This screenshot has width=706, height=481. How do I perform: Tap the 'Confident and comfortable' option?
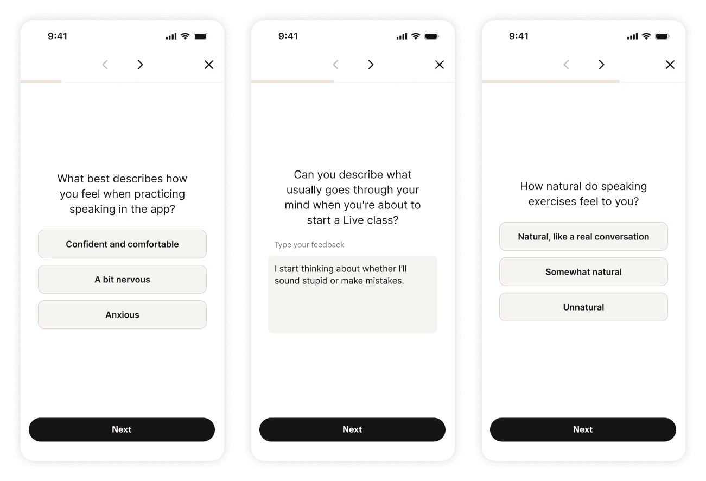pyautogui.click(x=122, y=244)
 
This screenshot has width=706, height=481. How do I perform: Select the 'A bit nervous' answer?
pyautogui.click(x=122, y=280)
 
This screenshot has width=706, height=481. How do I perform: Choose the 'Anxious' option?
pyautogui.click(x=122, y=315)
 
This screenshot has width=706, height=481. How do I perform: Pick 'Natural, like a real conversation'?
pyautogui.click(x=583, y=237)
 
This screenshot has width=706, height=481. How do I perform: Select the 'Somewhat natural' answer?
pyautogui.click(x=583, y=272)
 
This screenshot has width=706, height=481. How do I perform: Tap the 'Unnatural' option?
pyautogui.click(x=583, y=307)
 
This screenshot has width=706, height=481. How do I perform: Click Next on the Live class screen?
pyautogui.click(x=352, y=429)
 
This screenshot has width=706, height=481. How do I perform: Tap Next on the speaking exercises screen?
pyautogui.click(x=583, y=429)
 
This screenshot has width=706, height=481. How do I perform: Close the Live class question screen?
pyautogui.click(x=440, y=65)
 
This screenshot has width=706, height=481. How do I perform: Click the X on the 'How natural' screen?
pyautogui.click(x=670, y=65)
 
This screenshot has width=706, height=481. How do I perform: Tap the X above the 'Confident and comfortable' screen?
pyautogui.click(x=209, y=65)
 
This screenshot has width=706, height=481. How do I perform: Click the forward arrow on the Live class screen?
pyautogui.click(x=371, y=65)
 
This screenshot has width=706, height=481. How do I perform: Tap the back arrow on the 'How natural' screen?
pyautogui.click(x=566, y=65)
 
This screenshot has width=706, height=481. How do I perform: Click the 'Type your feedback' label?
pyautogui.click(x=309, y=245)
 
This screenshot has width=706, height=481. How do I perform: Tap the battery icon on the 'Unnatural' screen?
pyautogui.click(x=662, y=36)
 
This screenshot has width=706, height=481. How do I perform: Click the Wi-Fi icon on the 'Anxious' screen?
pyautogui.click(x=185, y=36)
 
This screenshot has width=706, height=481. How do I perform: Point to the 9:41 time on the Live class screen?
pyautogui.click(x=288, y=36)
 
